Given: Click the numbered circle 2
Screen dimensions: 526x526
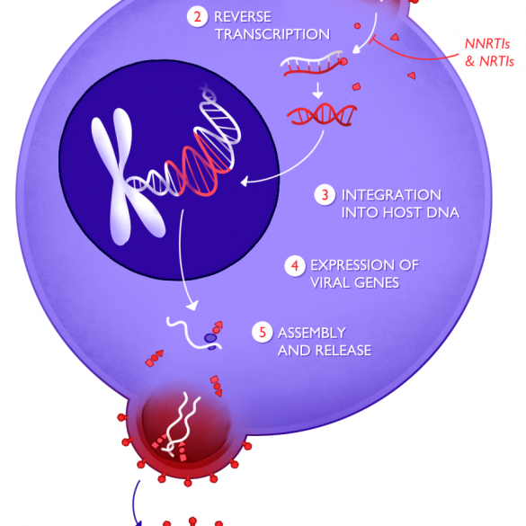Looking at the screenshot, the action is pyautogui.click(x=197, y=17).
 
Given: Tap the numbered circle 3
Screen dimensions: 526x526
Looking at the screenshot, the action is pyautogui.click(x=325, y=195).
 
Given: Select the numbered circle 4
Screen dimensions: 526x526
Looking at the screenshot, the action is pyautogui.click(x=295, y=265).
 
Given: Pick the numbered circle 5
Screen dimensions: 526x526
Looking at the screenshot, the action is pyautogui.click(x=262, y=333).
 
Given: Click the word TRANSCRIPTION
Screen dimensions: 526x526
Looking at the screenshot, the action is pyautogui.click(x=272, y=34).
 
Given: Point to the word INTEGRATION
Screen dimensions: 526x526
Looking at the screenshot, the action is pyautogui.click(x=391, y=195).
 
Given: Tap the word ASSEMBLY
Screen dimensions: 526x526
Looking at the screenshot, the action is pyautogui.click(x=312, y=333).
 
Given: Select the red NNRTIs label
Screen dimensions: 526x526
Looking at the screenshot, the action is pyautogui.click(x=487, y=44).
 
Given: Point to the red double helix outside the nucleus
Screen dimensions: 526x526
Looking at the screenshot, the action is pyautogui.click(x=322, y=115).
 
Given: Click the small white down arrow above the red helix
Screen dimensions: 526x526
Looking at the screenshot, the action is pyautogui.click(x=317, y=90).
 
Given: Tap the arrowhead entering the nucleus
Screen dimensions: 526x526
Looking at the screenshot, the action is pyautogui.click(x=245, y=182).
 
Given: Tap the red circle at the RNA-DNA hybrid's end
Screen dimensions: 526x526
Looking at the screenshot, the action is pyautogui.click(x=343, y=61).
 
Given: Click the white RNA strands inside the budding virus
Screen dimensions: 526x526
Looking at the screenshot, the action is pyautogui.click(x=180, y=423).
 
